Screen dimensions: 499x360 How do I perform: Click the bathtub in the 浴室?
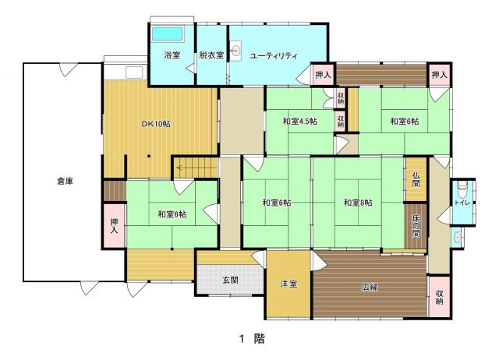point(168,34)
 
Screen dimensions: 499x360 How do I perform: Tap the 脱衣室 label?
point(211,55)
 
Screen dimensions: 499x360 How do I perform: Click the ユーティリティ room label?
point(274,56)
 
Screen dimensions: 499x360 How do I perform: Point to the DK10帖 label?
point(156,123)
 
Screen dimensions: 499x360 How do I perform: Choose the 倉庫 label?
point(65,182)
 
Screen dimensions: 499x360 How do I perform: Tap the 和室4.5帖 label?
point(299,121)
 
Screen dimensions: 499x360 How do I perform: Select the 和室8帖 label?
point(358,203)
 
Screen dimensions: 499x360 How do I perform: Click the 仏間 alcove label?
point(416,180)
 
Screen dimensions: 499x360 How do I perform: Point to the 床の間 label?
point(416,227)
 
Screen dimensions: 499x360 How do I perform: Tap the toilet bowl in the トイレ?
point(462,189)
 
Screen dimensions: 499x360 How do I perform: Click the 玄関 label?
point(231,281)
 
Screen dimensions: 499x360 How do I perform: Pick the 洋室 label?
point(288,284)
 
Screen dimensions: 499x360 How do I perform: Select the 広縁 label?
point(370,287)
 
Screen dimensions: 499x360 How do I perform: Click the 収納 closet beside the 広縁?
point(439,296)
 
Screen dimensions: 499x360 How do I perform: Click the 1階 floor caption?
point(252,339)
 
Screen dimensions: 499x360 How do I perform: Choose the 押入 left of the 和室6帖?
point(114,225)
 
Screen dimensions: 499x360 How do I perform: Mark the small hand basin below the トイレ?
point(458,237)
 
